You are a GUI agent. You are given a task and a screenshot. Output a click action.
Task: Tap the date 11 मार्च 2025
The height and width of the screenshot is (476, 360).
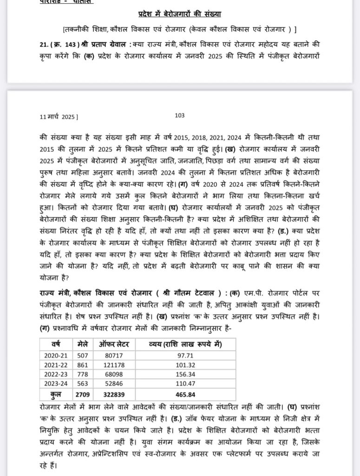point(59,117)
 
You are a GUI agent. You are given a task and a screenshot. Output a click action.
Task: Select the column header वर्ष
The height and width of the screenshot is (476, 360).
point(56,344)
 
